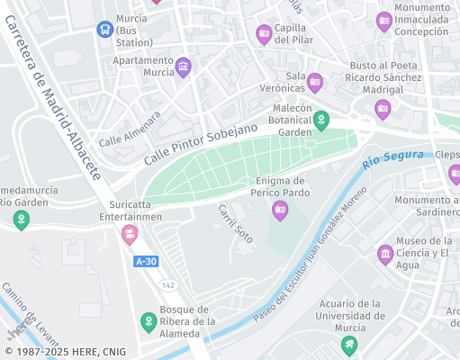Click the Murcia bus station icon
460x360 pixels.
click(x=104, y=29)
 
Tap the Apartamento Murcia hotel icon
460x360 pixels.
click(x=184, y=67)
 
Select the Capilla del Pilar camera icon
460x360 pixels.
click(x=264, y=34)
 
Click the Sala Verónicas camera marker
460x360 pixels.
click(x=315, y=83)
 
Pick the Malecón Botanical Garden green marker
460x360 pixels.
click(x=320, y=119)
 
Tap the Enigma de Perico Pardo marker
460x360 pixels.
click(x=280, y=211)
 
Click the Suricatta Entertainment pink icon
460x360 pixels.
click(x=131, y=234)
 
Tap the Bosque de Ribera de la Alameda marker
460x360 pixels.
click(x=149, y=321)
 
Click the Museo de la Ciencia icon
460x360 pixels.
click(x=385, y=254)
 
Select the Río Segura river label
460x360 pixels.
click(x=392, y=160)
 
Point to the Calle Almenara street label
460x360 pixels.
click(x=130, y=130)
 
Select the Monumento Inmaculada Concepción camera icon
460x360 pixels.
click(x=384, y=21)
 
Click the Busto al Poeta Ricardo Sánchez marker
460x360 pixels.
click(x=383, y=110)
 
